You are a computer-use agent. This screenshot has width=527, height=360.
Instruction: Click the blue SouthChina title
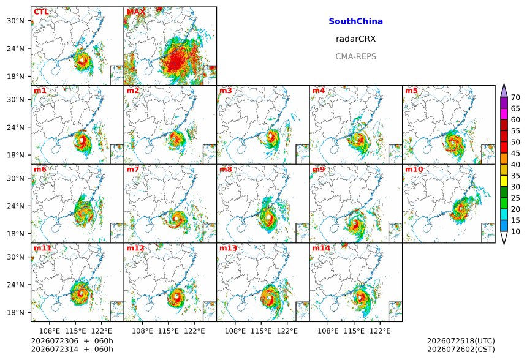[355, 21]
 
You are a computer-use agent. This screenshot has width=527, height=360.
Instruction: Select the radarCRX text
[355, 39]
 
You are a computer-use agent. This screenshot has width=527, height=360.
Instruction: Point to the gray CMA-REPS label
[355, 56]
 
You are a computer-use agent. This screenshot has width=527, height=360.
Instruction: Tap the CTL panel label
[41, 12]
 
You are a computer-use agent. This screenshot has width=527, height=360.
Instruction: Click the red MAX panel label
[136, 12]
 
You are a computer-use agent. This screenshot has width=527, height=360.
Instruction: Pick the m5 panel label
[411, 91]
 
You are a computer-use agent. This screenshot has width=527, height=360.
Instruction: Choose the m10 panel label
[414, 169]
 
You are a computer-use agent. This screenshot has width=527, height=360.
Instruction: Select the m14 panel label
[321, 248]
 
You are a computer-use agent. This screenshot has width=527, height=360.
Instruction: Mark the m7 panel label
[133, 169]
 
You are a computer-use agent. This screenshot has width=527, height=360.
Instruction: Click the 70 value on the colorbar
[515, 97]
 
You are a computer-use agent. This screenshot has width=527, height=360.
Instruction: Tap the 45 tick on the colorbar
[515, 154]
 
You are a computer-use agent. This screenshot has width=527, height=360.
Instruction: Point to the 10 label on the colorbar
[515, 231]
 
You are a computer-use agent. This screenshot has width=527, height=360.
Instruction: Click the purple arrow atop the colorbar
[504, 90]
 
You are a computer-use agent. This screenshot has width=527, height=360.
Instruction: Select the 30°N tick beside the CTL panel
[15, 21]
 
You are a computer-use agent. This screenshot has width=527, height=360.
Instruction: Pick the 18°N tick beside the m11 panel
[15, 313]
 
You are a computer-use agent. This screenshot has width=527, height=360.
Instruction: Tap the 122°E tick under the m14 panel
[380, 331]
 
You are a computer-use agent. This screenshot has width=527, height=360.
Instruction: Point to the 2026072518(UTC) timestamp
[461, 341]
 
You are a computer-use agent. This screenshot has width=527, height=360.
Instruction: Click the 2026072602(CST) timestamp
[461, 349]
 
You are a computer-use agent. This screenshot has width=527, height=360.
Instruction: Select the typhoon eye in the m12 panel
[176, 296]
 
